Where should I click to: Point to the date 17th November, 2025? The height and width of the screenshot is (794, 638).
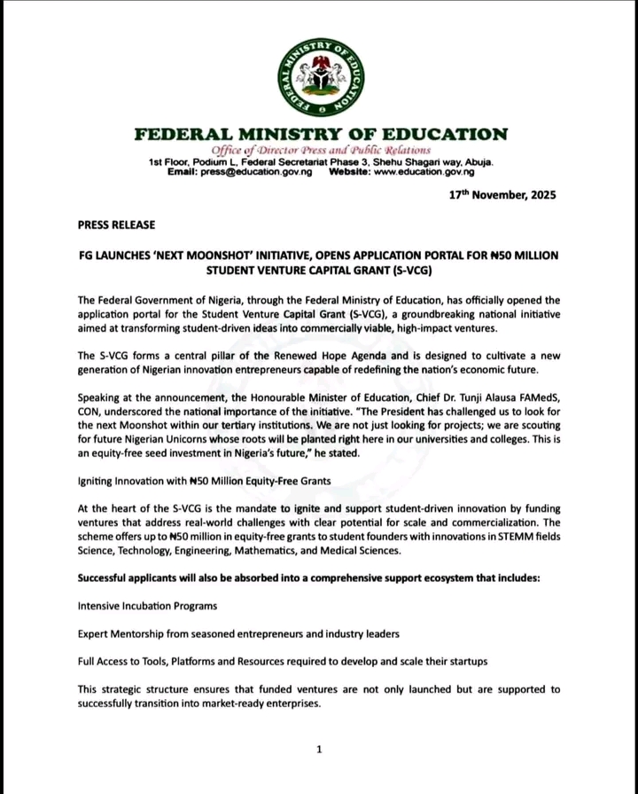[x=502, y=195]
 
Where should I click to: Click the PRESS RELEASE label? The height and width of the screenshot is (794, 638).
[x=117, y=225]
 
